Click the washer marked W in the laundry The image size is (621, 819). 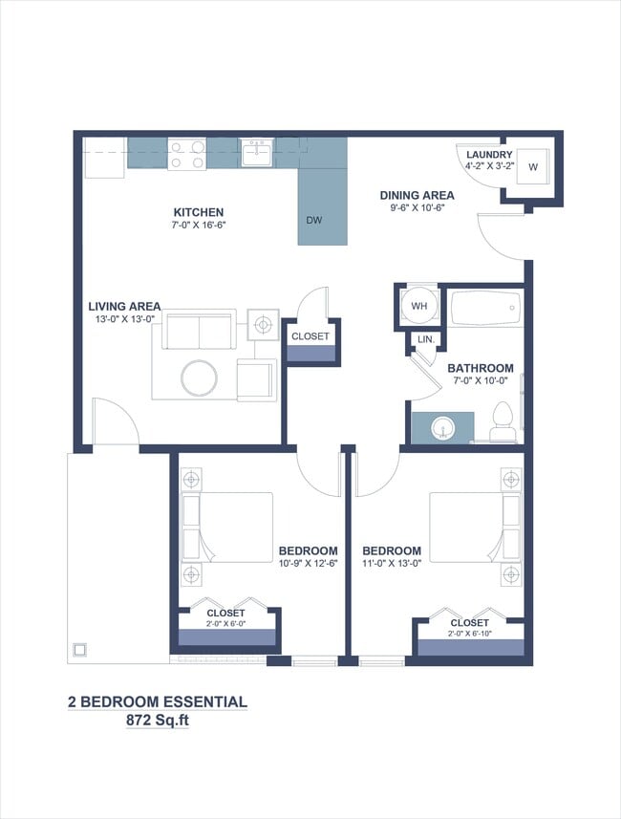(x=532, y=167)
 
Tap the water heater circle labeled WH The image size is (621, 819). (x=418, y=306)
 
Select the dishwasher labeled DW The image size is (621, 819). (x=314, y=220)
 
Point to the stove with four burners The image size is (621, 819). (x=186, y=154)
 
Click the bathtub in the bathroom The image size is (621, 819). (x=485, y=310)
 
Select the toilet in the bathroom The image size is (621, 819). (x=503, y=420)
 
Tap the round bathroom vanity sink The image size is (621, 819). (x=441, y=426)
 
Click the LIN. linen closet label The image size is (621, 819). (x=426, y=339)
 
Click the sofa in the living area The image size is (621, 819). (x=199, y=330)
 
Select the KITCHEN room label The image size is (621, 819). (x=199, y=212)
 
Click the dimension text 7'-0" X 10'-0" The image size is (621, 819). (x=481, y=381)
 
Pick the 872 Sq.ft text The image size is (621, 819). (x=157, y=722)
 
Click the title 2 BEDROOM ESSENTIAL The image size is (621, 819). (x=157, y=702)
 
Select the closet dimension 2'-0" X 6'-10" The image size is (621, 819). (x=469, y=634)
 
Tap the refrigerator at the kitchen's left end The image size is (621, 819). (x=104, y=159)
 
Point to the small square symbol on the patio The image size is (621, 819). (x=79, y=650)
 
